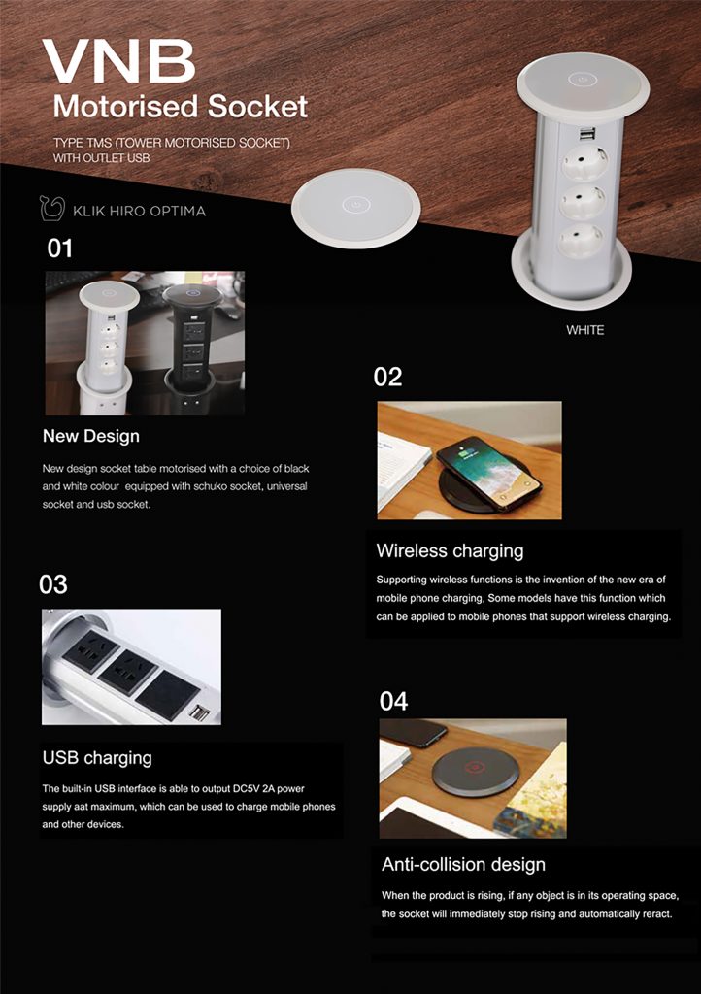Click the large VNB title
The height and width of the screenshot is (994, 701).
(x=118, y=61)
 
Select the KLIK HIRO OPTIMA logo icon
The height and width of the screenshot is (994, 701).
(x=52, y=208)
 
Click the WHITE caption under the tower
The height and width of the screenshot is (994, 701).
(x=585, y=330)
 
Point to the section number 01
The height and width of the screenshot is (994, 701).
(x=59, y=248)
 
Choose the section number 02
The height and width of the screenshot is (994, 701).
(x=387, y=378)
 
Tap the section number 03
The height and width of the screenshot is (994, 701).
(x=53, y=584)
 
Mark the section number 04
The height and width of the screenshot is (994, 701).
(x=393, y=701)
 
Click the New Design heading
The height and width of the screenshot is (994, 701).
(x=91, y=436)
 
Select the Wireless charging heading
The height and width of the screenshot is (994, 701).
(x=450, y=551)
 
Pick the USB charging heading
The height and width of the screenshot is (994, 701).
(x=97, y=758)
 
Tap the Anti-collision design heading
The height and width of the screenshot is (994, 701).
(x=463, y=865)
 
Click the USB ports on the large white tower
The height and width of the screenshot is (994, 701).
(x=587, y=134)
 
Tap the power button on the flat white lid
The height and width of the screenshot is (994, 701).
(x=355, y=205)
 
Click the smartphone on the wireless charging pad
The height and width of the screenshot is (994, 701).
(x=489, y=473)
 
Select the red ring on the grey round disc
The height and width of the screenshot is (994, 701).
(x=474, y=768)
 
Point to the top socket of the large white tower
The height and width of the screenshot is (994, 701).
(x=584, y=162)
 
